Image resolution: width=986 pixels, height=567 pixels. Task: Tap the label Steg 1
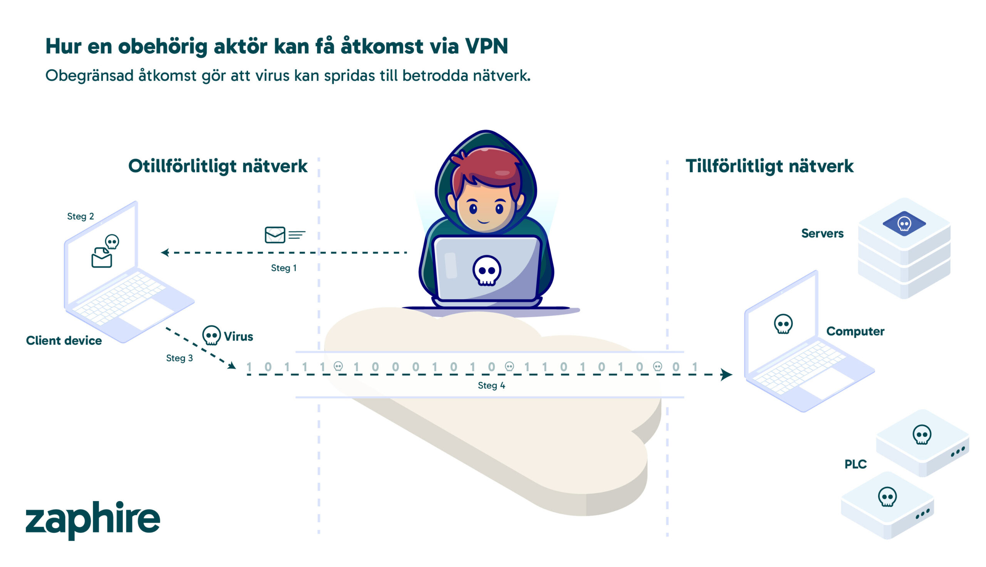pyautogui.click(x=283, y=268)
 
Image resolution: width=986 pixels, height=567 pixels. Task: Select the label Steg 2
pyautogui.click(x=80, y=216)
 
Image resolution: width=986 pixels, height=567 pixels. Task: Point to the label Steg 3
pyautogui.click(x=179, y=358)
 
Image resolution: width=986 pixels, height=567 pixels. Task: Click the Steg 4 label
pyautogui.click(x=491, y=385)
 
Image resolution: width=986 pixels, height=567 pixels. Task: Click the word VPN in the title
pyautogui.click(x=486, y=46)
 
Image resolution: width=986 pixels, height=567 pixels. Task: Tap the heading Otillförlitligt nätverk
pyautogui.click(x=218, y=166)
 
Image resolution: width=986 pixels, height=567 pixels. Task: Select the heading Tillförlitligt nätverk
pyautogui.click(x=769, y=166)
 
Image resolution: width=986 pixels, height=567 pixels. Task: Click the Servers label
pyautogui.click(x=822, y=233)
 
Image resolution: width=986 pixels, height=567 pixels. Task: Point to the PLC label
pyautogui.click(x=855, y=464)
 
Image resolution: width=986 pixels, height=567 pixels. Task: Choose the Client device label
pyautogui.click(x=64, y=341)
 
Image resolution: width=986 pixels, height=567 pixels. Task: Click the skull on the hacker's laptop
pyautogui.click(x=486, y=270)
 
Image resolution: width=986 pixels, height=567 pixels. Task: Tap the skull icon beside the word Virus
pyautogui.click(x=211, y=335)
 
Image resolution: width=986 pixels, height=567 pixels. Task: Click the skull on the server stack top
pyautogui.click(x=904, y=224)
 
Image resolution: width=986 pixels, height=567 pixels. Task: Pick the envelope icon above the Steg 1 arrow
pyautogui.click(x=275, y=235)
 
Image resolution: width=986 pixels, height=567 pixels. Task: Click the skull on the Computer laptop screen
pyautogui.click(x=783, y=324)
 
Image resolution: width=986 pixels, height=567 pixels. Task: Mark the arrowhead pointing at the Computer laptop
pyautogui.click(x=726, y=374)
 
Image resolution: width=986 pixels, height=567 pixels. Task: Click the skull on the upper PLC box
pyautogui.click(x=922, y=434)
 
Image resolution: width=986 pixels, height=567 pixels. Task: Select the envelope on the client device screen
pyautogui.click(x=102, y=258)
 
